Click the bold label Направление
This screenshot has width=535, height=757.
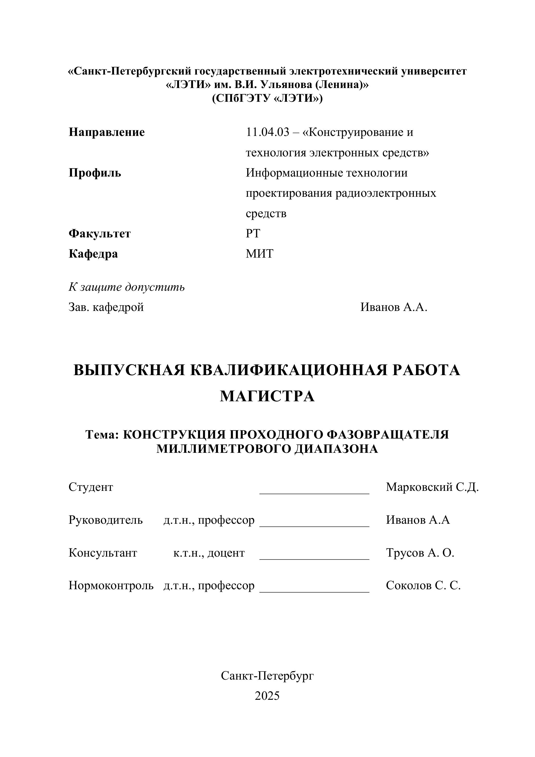(x=106, y=132)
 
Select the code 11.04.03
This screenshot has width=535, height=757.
(x=268, y=132)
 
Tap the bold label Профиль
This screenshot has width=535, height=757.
(x=95, y=173)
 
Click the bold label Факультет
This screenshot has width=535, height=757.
(x=100, y=234)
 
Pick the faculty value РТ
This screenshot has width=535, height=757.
(x=253, y=234)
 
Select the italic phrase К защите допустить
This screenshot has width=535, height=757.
(x=127, y=287)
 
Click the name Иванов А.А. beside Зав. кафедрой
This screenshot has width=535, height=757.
(x=394, y=307)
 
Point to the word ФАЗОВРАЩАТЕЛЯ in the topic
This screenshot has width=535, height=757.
(x=388, y=434)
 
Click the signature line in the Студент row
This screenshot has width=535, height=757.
(x=314, y=493)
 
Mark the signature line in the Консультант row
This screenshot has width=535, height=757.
(x=314, y=558)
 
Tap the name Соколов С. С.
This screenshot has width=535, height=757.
(x=423, y=586)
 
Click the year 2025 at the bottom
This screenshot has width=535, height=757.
(x=267, y=696)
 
